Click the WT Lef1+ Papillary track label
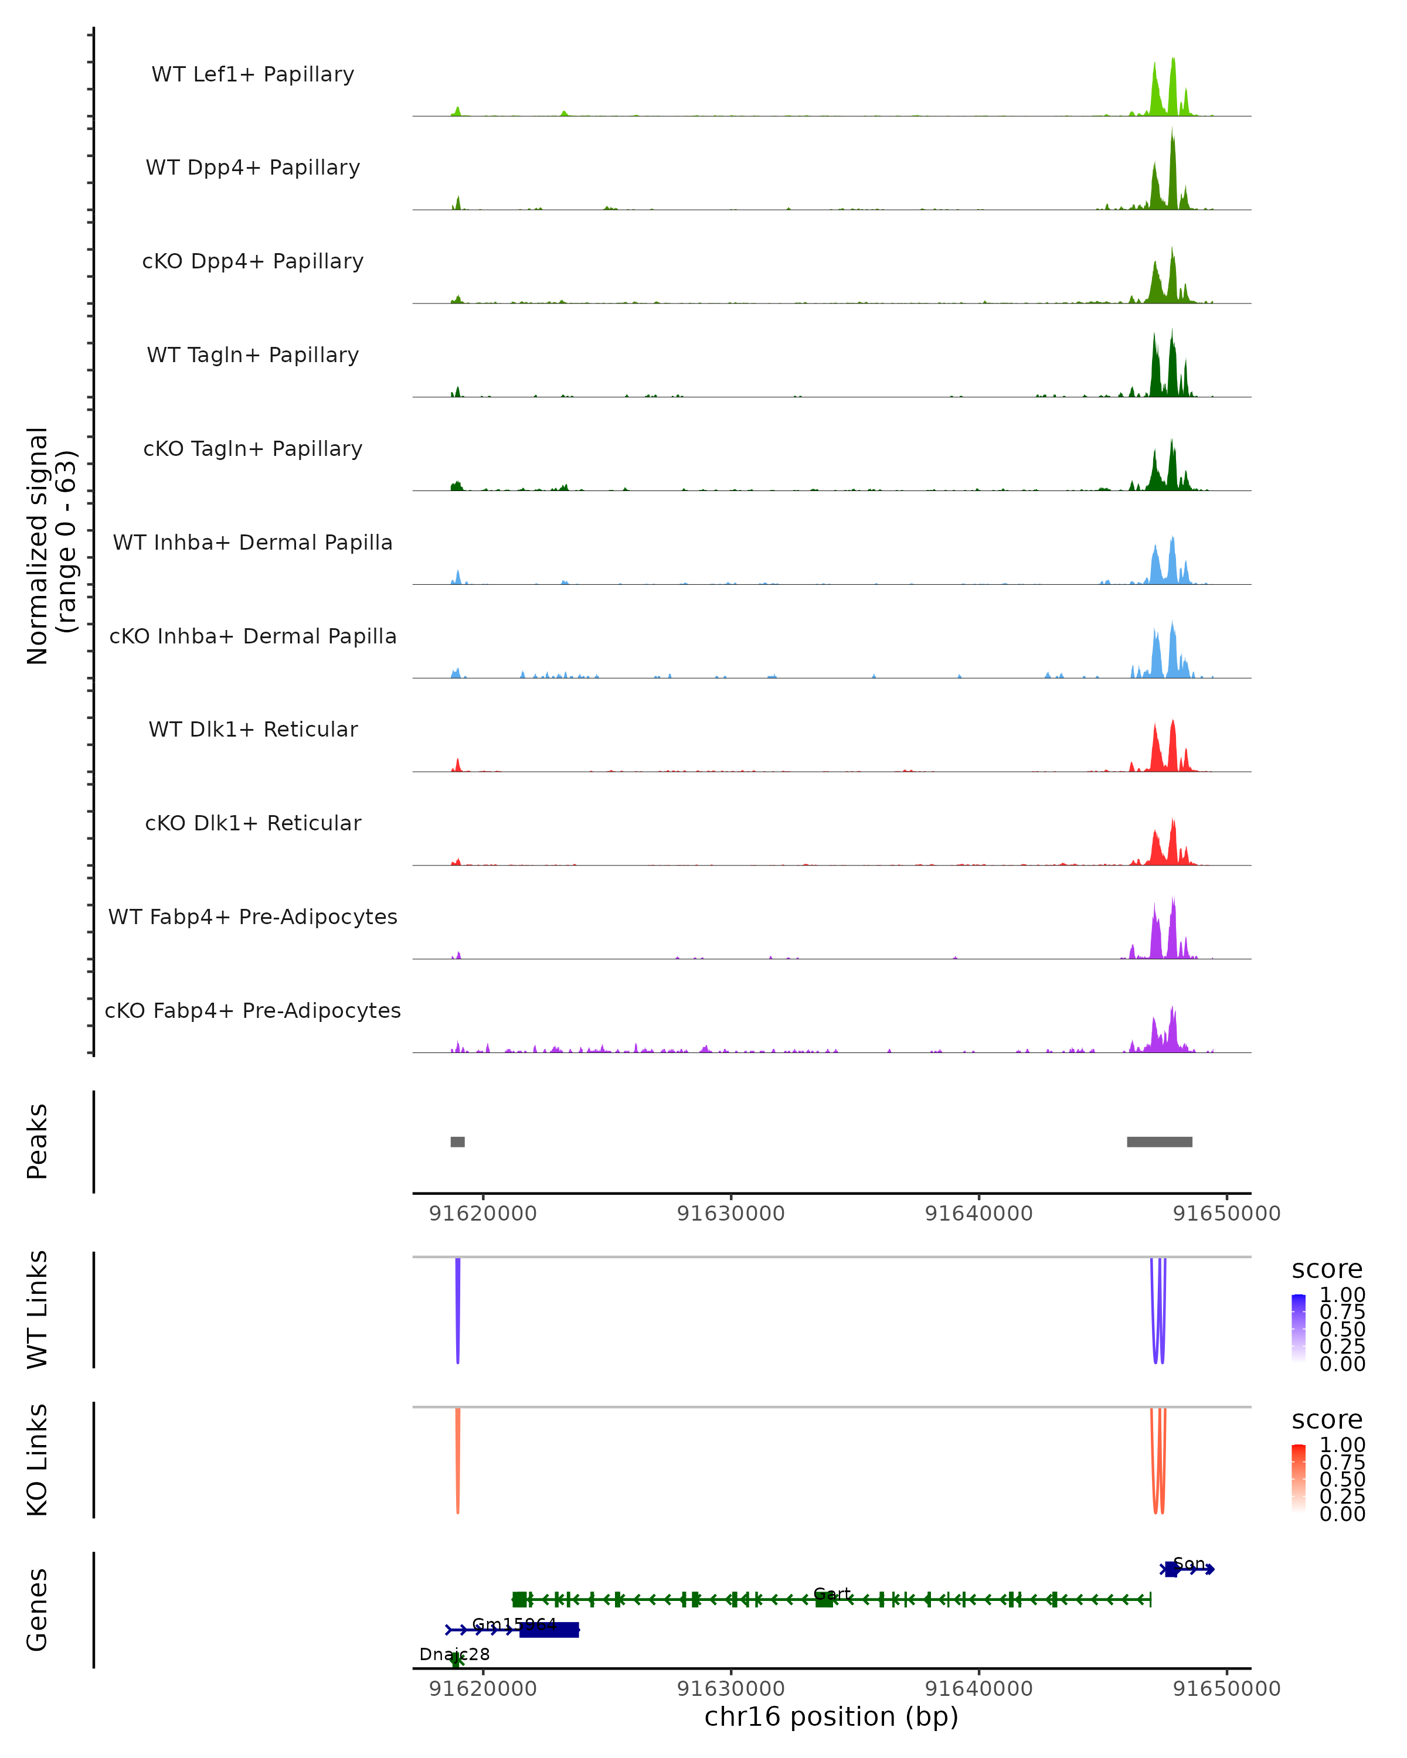tap(253, 74)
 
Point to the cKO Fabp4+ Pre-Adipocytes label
tap(253, 1010)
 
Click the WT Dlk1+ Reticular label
tap(253, 729)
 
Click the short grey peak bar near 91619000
tap(458, 1142)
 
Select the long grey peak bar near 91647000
tap(1159, 1142)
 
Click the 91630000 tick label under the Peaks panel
tap(731, 1214)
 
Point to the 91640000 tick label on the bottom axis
tap(979, 1688)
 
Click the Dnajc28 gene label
tap(454, 1654)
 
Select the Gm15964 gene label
tap(514, 1624)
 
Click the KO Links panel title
tap(38, 1460)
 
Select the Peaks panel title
tap(38, 1142)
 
